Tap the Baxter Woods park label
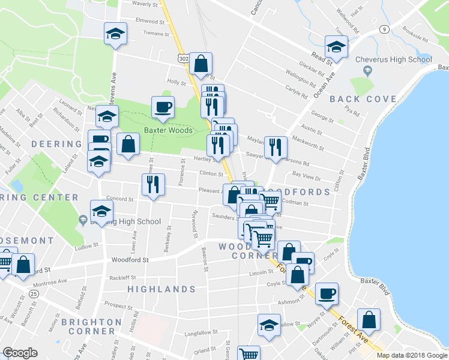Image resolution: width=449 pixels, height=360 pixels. click(167, 130)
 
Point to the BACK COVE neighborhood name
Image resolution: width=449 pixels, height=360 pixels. click(363, 99)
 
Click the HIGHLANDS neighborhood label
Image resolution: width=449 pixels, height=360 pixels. click(162, 289)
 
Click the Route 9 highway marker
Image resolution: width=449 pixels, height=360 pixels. click(382, 29)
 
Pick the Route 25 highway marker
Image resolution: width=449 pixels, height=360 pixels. click(34, 293)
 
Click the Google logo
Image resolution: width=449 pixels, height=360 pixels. click(20, 353)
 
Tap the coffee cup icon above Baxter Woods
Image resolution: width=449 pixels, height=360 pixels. click(163, 107)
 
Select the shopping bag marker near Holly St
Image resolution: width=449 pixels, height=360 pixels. click(200, 63)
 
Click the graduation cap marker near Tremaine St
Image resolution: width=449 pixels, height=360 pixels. click(115, 34)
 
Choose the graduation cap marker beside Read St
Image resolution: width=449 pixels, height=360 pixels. click(336, 47)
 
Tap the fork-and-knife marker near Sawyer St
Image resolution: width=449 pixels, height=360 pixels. click(276, 146)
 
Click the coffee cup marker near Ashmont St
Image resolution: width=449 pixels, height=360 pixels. click(327, 293)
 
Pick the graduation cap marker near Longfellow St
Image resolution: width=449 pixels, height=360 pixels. click(269, 325)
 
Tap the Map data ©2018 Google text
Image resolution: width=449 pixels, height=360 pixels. click(412, 355)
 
